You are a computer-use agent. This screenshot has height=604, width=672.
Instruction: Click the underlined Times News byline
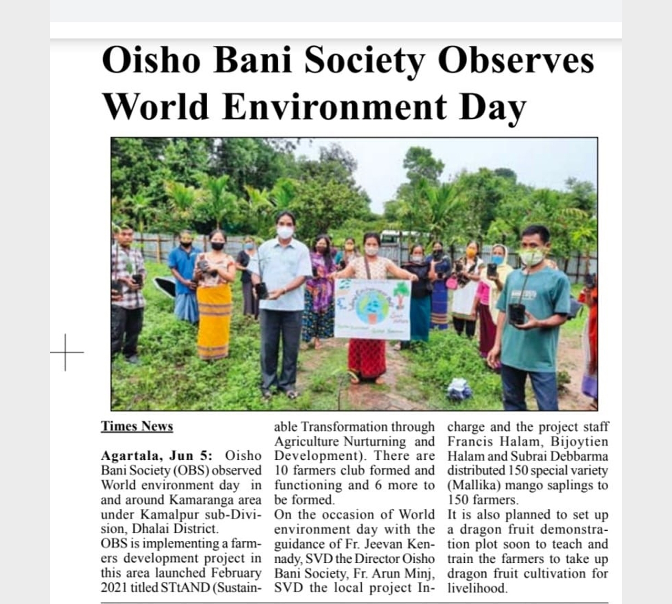coord(137,426)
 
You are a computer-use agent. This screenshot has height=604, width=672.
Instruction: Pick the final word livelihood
coord(477,588)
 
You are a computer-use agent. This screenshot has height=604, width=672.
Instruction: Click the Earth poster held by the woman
coord(372,309)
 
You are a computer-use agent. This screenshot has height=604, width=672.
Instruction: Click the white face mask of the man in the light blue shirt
coord(285,232)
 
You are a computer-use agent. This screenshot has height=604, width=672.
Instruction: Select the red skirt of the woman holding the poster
coord(367,358)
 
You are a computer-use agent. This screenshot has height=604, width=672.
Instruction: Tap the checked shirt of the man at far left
coord(128,277)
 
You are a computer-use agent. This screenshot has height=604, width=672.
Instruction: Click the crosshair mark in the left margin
coord(66,352)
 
